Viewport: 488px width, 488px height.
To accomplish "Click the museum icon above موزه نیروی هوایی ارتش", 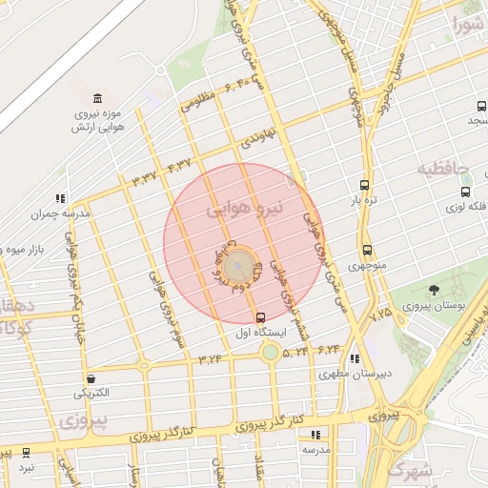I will point(98,99).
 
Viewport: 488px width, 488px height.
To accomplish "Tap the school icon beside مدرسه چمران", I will point(61,199).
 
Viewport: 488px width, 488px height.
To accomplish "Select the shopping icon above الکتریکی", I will point(90,378).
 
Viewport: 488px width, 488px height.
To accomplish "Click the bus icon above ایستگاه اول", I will point(261,316).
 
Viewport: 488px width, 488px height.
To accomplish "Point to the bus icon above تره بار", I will point(364,186).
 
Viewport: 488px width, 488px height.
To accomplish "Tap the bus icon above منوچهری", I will point(367,251).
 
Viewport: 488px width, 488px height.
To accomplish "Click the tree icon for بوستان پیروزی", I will point(435,290).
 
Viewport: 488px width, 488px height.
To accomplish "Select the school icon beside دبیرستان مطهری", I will point(355,359).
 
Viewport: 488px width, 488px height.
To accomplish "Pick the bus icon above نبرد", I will point(26,454).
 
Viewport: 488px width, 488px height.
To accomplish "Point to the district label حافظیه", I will point(443,169).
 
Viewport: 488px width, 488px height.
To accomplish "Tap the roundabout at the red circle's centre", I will point(239,264).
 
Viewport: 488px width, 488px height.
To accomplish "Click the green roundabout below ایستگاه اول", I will point(271,353).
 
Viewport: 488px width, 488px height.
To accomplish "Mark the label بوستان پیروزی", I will point(433,306).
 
